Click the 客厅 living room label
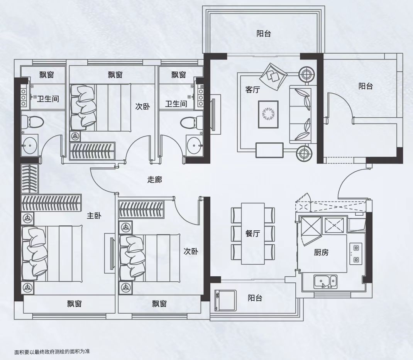point(252,90)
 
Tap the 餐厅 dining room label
point(252,233)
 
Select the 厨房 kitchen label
point(321,253)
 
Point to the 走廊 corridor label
point(155,179)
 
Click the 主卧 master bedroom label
point(94,216)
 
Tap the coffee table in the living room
point(268,114)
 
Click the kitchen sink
point(325,282)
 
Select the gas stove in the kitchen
point(356,254)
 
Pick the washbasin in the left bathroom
point(30,145)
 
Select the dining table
point(253,233)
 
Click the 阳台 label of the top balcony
point(264,34)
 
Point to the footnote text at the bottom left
point(52,351)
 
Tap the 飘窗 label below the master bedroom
point(74,304)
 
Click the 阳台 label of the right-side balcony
point(366,86)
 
